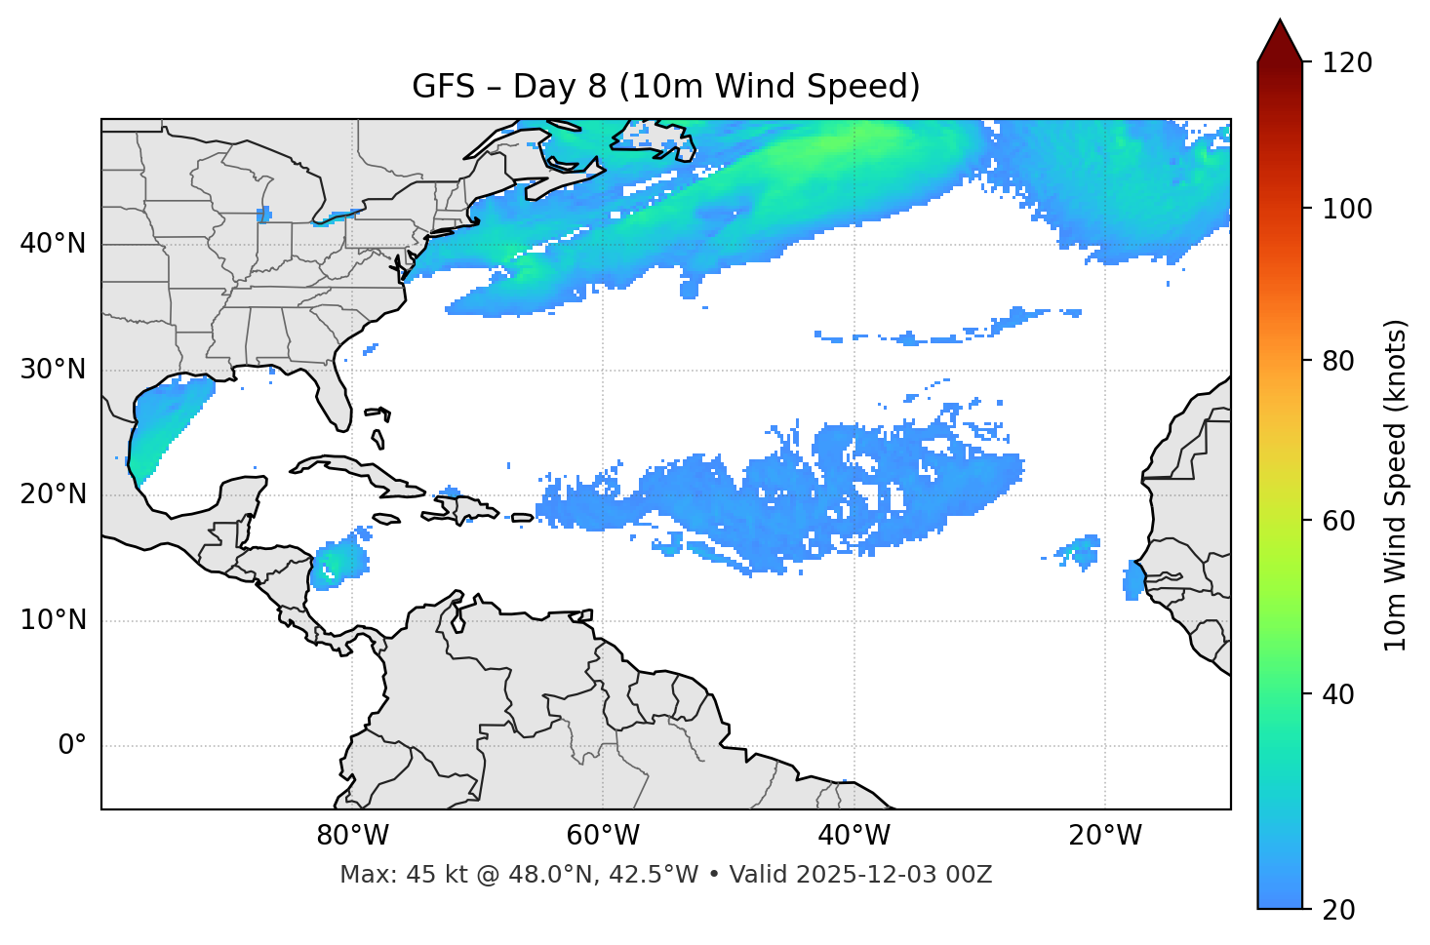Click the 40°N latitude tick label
tap(53, 244)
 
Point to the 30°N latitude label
tap(53, 370)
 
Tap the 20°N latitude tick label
tap(53, 494)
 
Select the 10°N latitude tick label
tap(53, 620)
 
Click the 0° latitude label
tap(72, 746)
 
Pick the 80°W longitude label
tap(352, 836)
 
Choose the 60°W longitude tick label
tap(603, 836)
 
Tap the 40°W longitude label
tap(854, 836)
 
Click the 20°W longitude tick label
tap(1105, 836)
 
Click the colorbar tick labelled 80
tap(1339, 361)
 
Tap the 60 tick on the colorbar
tap(1339, 521)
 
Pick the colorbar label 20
tap(1339, 910)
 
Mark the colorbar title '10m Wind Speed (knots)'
tap(1396, 485)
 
